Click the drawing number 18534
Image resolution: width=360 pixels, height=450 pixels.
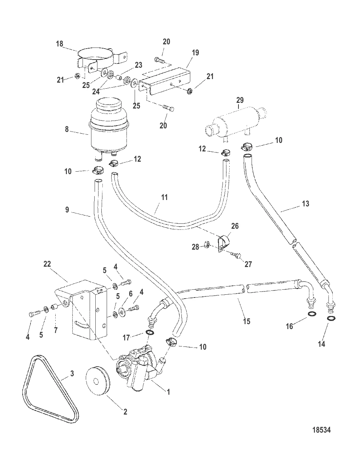click(321, 430)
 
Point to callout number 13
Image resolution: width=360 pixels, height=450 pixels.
click(305, 204)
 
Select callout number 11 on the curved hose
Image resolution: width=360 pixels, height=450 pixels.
click(164, 197)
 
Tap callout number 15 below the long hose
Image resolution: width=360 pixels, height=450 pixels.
click(247, 321)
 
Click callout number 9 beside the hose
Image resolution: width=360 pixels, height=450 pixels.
click(67, 210)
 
